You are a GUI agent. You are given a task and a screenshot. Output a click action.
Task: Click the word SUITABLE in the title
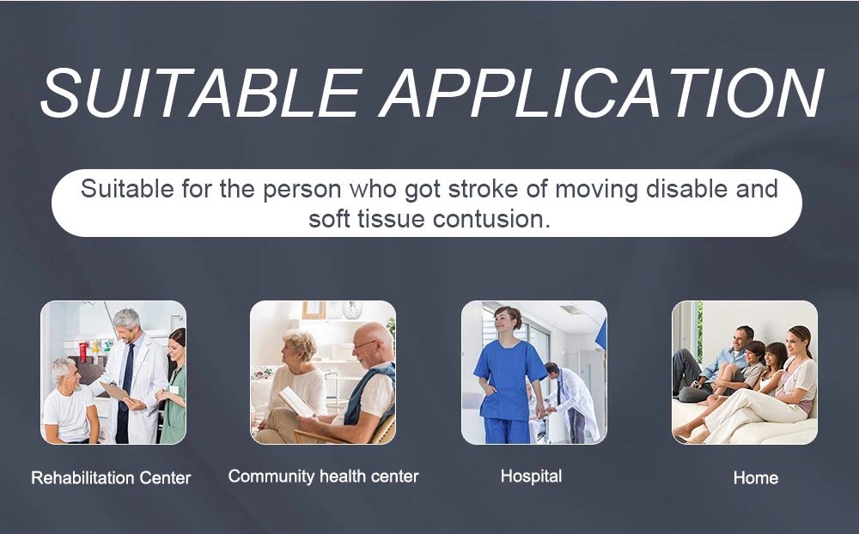point(200,93)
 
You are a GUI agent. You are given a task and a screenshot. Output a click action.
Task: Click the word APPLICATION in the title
point(601,93)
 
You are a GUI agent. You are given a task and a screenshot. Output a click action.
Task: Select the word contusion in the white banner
point(491,219)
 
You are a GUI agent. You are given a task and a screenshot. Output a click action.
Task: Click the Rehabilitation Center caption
point(111,477)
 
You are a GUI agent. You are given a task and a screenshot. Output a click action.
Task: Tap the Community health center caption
point(323,476)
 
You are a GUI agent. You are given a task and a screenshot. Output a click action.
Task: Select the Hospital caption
point(532,476)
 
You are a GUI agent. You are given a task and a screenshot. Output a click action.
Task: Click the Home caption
point(755,477)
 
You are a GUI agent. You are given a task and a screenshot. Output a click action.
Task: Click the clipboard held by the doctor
point(114,390)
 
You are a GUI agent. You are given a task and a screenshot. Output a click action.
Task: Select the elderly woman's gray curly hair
point(299,343)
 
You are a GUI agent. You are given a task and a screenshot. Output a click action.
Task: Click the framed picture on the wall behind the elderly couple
point(314,309)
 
